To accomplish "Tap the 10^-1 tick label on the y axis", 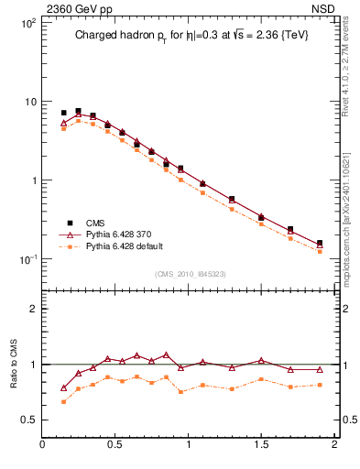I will (x=27, y=259).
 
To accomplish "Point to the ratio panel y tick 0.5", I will (x=28, y=420).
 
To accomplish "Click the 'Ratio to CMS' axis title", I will (x=14, y=364).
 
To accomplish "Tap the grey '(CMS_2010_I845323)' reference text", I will (x=189, y=274).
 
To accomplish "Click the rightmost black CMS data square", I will (x=320, y=244).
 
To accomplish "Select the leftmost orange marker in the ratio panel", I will (x=63, y=401).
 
